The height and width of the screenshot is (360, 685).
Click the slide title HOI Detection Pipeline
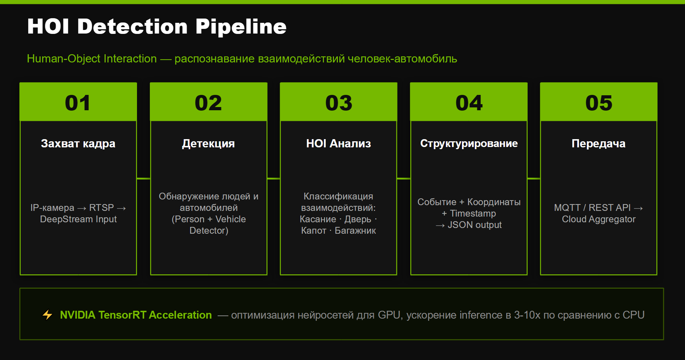(x=157, y=27)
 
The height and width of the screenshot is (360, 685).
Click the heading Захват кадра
(x=78, y=143)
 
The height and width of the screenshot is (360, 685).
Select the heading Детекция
(x=208, y=143)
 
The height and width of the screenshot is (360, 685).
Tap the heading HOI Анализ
(x=339, y=143)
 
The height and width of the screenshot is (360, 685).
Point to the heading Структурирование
(x=469, y=143)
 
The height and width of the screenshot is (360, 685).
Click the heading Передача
(x=599, y=143)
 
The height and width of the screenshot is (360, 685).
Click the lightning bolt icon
(x=47, y=315)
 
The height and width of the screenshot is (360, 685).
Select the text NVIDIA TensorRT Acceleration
(x=136, y=315)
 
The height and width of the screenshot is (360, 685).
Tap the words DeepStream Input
(x=78, y=219)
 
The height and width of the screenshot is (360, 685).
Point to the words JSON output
(x=475, y=225)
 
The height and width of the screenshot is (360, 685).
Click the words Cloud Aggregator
(x=599, y=219)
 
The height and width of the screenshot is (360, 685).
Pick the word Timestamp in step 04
(x=473, y=213)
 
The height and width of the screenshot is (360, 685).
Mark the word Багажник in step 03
(x=355, y=230)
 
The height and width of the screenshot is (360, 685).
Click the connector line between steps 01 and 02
(x=143, y=178)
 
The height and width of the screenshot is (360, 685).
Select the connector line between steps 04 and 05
(x=534, y=178)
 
